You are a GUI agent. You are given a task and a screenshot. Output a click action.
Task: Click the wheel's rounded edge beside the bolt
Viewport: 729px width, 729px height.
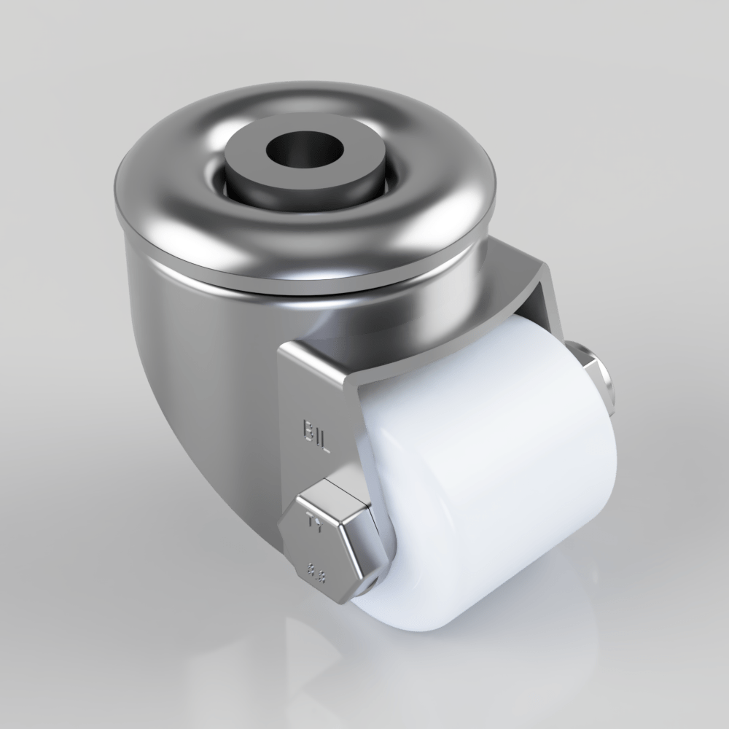(x=383, y=569)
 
